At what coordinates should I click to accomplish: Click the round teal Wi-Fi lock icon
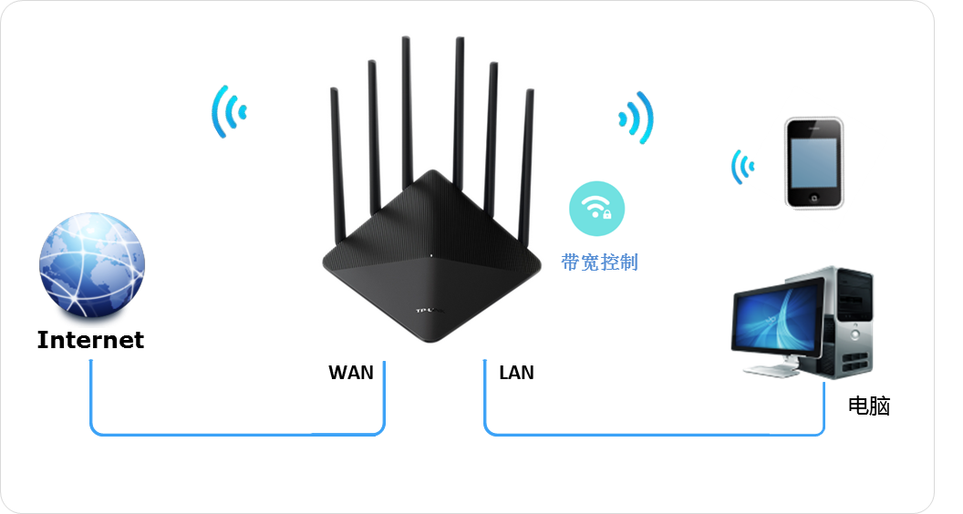[598, 210]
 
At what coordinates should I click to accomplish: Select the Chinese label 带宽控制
[599, 263]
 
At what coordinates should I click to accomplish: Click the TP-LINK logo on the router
[428, 312]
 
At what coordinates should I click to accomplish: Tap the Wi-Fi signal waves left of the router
[228, 111]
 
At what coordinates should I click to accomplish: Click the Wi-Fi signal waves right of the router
[637, 116]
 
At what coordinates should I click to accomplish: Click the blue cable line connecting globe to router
[237, 432]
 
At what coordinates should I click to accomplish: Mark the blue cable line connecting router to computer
[653, 433]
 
